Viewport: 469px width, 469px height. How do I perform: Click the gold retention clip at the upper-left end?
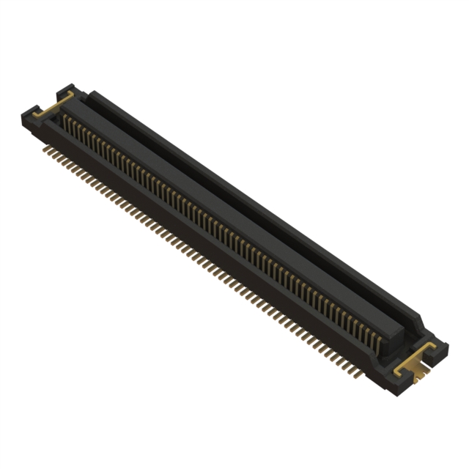(x=53, y=106)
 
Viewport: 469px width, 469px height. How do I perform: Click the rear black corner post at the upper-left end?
(x=67, y=89)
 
